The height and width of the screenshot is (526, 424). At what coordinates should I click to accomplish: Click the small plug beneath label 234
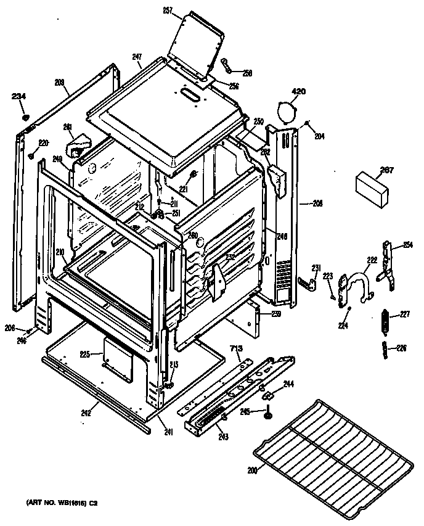(25, 117)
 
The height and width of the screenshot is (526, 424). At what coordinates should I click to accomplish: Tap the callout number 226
(401, 348)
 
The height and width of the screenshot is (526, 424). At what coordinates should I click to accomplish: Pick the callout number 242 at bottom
(86, 413)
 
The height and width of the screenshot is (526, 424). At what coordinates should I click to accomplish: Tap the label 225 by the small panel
(84, 354)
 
